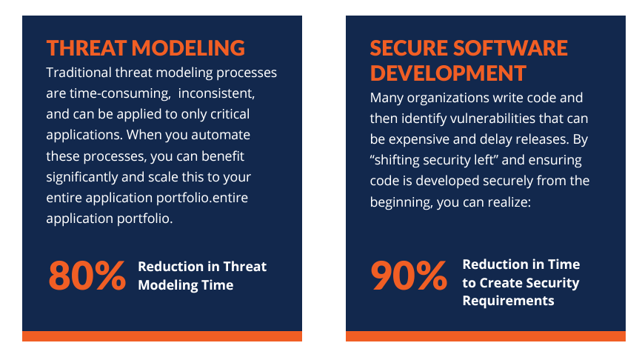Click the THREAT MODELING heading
(x=145, y=48)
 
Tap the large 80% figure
(x=87, y=276)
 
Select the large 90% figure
(x=409, y=276)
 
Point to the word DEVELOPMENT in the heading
(x=448, y=73)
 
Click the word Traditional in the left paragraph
(x=78, y=73)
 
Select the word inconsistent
(x=216, y=93)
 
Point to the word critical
(x=230, y=114)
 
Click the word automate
(x=221, y=135)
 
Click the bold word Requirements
(x=508, y=301)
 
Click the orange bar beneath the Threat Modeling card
(x=162, y=336)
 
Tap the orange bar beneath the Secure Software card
(x=486, y=336)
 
